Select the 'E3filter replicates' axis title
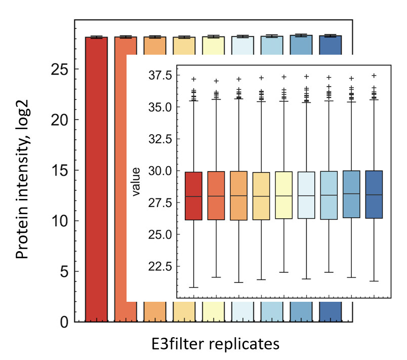click(215, 344)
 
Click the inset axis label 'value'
click(136, 186)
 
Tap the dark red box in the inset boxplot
click(193, 196)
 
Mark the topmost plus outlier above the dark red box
click(193, 79)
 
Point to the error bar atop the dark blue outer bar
click(331, 36)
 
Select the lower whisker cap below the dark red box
click(193, 287)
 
